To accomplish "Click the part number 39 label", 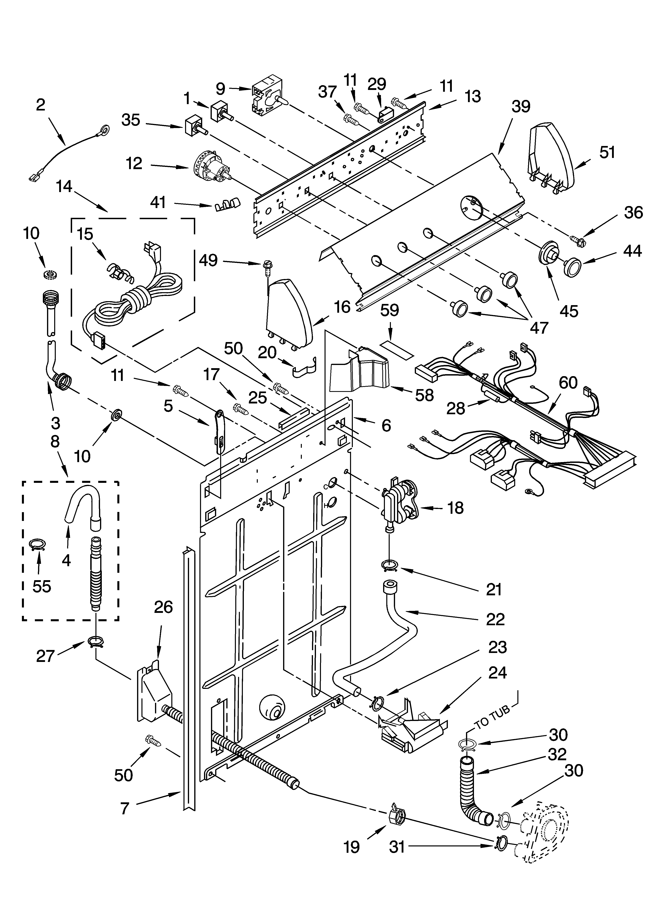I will [x=521, y=106].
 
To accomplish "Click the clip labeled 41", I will [x=227, y=203].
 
